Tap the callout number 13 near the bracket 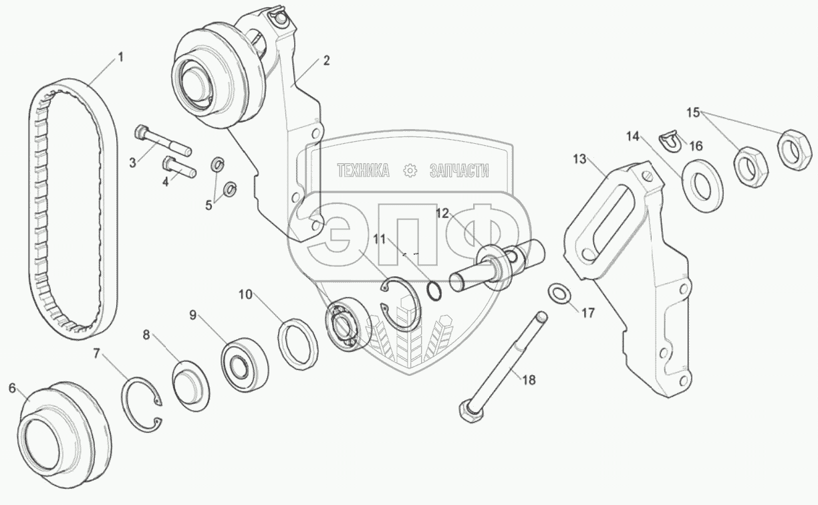pyautogui.click(x=579, y=159)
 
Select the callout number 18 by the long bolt pyautogui.click(x=529, y=380)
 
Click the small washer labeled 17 pyautogui.click(x=559, y=293)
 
